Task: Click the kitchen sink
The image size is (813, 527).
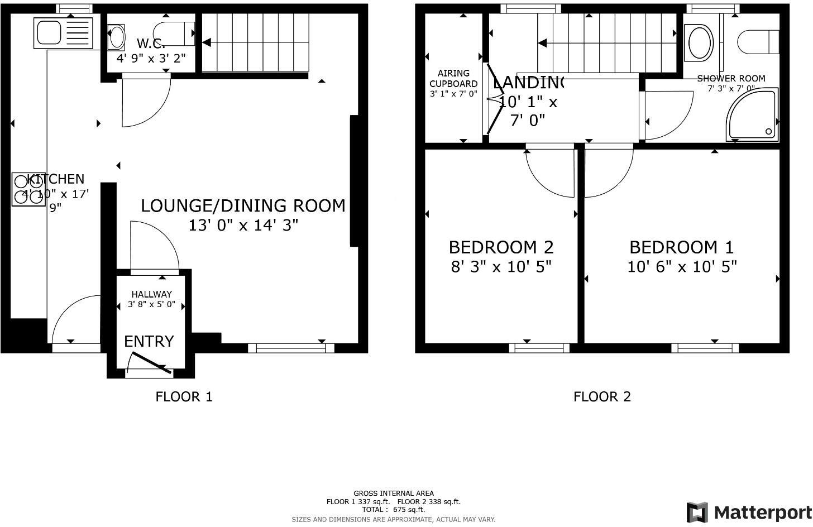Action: tap(64, 33)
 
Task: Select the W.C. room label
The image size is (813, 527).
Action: tap(150, 43)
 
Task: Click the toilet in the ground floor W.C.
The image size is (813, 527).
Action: tap(173, 33)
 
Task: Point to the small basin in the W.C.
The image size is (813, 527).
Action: tap(117, 37)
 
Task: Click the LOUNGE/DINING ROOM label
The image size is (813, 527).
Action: tap(243, 205)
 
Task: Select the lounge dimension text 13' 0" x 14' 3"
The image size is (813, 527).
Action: tap(243, 226)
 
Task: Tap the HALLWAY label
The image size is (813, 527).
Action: tap(151, 294)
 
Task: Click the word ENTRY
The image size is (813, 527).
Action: tap(149, 341)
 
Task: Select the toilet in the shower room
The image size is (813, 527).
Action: tap(758, 42)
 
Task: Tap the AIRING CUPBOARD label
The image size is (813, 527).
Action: tap(453, 78)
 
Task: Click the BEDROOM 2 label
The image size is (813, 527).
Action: tap(501, 247)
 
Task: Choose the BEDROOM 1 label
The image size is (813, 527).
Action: tap(681, 247)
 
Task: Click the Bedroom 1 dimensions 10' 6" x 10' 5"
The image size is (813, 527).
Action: tap(681, 267)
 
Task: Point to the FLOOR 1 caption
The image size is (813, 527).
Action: tap(184, 397)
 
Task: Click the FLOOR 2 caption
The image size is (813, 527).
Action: tap(602, 397)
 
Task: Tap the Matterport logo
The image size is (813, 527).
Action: tap(749, 512)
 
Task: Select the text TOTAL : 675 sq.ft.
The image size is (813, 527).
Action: tap(393, 509)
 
